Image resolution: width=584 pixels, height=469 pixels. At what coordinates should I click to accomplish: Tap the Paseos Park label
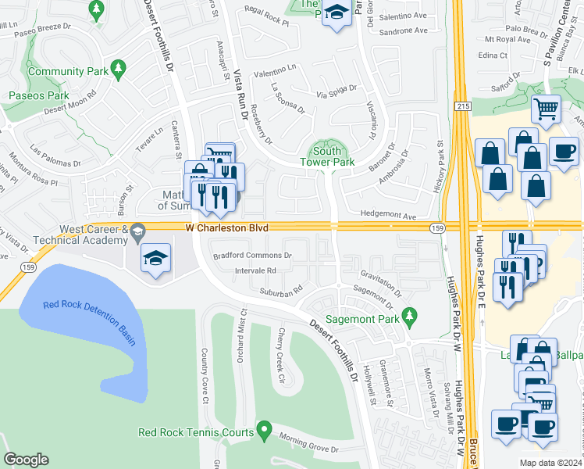pyautogui.click(x=39, y=95)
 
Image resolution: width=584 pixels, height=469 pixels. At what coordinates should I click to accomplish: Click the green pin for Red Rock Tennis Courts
pyautogui.click(x=264, y=431)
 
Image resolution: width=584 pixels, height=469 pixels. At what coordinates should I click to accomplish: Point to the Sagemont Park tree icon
pyautogui.click(x=407, y=316)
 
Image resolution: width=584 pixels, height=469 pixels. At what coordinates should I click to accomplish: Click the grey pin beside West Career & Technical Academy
pyautogui.click(x=137, y=231)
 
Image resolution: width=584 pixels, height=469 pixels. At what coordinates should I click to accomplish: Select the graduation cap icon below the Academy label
pyautogui.click(x=155, y=258)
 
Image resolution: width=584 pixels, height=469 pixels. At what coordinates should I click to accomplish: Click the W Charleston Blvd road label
pyautogui.click(x=226, y=227)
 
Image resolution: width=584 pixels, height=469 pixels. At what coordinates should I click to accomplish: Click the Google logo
pyautogui.click(x=26, y=460)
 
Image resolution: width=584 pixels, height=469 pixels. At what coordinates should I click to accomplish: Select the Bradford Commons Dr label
pyautogui.click(x=253, y=255)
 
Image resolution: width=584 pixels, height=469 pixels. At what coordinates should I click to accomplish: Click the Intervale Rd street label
pyautogui.click(x=255, y=270)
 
